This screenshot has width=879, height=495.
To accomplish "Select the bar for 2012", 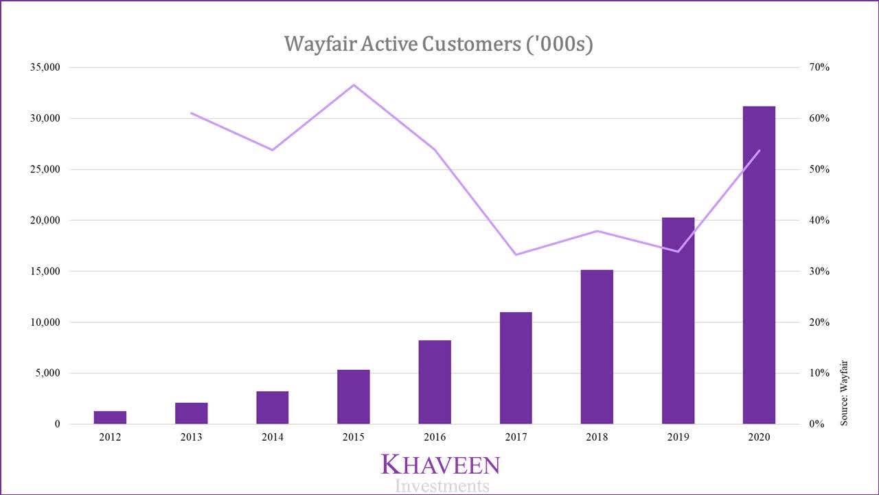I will [x=110, y=417].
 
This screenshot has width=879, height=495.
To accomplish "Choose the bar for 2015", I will [x=354, y=397].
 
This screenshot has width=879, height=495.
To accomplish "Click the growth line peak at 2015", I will [x=354, y=85].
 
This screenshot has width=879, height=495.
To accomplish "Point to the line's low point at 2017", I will [x=516, y=254].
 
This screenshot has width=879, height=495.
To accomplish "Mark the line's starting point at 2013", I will [x=192, y=113].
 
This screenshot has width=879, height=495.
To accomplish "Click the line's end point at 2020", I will [x=759, y=150].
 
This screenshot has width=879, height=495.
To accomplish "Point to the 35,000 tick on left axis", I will [x=43, y=67].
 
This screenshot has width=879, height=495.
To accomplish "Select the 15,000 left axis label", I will [x=43, y=272].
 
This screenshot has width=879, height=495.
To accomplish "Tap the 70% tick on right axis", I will [x=819, y=67].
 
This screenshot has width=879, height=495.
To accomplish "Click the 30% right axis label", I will [x=819, y=272].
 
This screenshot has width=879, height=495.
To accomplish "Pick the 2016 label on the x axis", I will [x=435, y=437].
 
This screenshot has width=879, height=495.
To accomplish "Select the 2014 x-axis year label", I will [x=273, y=437].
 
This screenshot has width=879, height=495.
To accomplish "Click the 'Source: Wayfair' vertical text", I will [x=844, y=393].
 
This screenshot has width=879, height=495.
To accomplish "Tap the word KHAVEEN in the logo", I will [x=440, y=465].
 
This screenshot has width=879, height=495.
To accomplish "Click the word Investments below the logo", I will [x=442, y=486].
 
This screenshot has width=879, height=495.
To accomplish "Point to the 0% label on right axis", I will [x=816, y=424].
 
